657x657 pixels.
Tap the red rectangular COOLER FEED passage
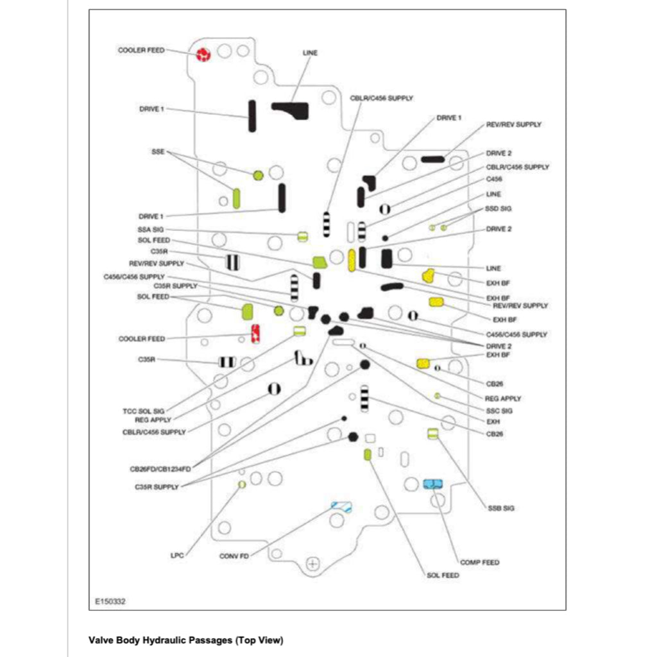pyautogui.click(x=255, y=334)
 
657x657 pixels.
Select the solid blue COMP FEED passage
pyautogui.click(x=433, y=483)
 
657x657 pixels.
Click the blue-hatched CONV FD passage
pyautogui.click(x=341, y=507)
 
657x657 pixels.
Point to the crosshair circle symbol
pyautogui.click(x=313, y=563)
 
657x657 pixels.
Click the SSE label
pyautogui.click(x=158, y=151)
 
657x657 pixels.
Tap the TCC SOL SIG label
pyautogui.click(x=144, y=410)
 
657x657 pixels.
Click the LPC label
pyautogui.click(x=177, y=556)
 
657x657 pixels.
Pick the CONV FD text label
pyautogui.click(x=234, y=556)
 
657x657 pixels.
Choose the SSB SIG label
pyautogui.click(x=500, y=508)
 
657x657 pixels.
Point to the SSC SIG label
pyautogui.click(x=500, y=410)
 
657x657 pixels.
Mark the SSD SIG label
pyautogui.click(x=499, y=209)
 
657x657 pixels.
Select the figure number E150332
pyautogui.click(x=110, y=602)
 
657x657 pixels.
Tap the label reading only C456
pyautogui.click(x=494, y=179)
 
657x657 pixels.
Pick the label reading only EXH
pyautogui.click(x=493, y=422)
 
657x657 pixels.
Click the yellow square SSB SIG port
pyautogui.click(x=432, y=434)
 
